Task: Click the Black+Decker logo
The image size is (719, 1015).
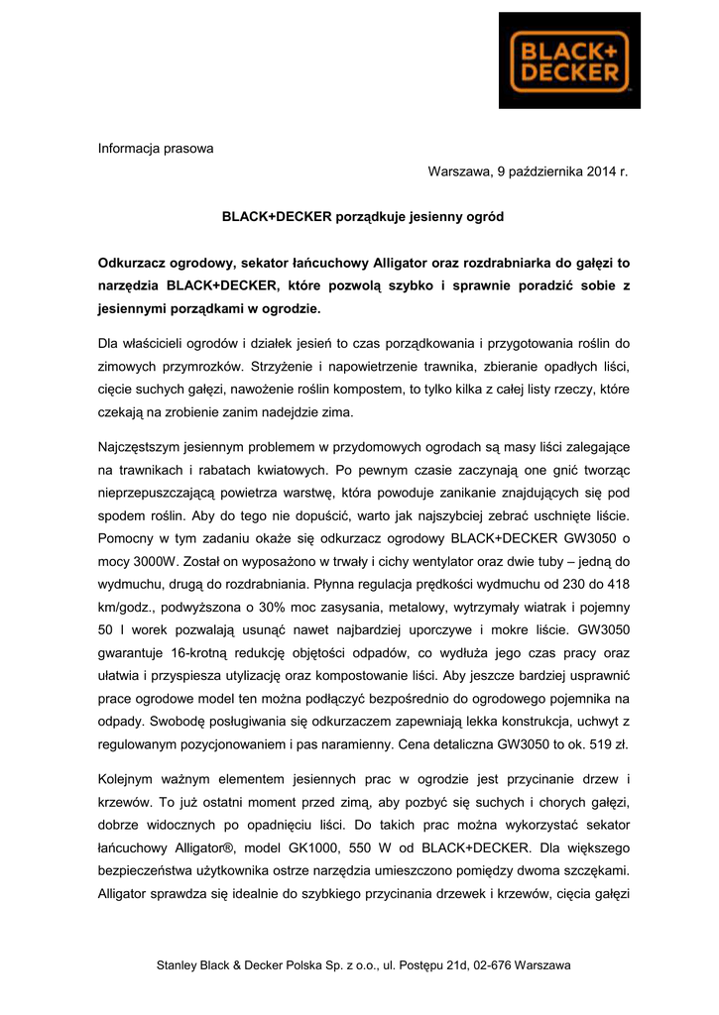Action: (x=569, y=60)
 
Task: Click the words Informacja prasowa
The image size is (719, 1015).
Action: (x=155, y=150)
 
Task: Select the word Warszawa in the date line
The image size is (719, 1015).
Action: (x=458, y=172)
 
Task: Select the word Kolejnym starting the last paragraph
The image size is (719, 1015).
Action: (x=131, y=779)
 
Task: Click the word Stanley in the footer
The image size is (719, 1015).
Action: (x=179, y=964)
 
